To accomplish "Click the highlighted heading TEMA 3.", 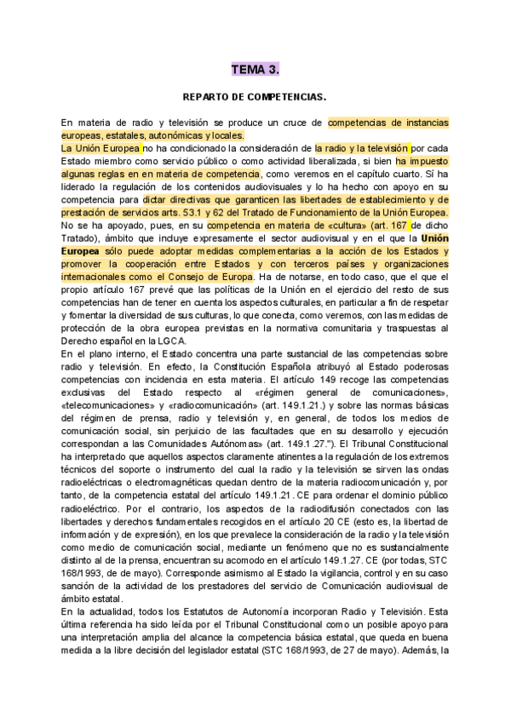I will [x=255, y=69].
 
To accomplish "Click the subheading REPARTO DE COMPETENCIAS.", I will [x=255, y=98].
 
